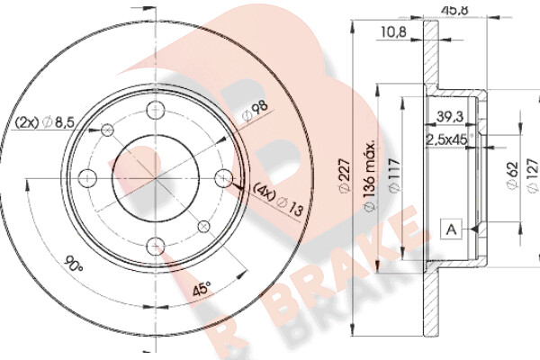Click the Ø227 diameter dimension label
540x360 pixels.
tap(345, 175)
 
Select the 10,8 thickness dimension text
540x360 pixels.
tap(393, 32)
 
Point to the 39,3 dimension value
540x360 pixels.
tap(450, 117)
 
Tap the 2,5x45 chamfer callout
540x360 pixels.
tap(449, 139)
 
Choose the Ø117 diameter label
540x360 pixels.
tap(394, 175)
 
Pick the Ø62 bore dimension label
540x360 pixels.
tap(512, 175)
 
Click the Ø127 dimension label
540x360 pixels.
tap(533, 175)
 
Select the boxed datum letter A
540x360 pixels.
tap(451, 229)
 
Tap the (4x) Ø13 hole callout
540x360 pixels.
tap(279, 200)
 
